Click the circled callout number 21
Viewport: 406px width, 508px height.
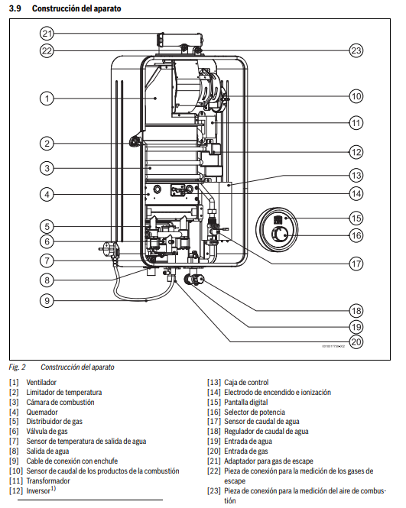pyautogui.click(x=47, y=34)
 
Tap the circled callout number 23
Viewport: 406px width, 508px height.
pyautogui.click(x=356, y=50)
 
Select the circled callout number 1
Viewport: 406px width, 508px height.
pyautogui.click(x=47, y=99)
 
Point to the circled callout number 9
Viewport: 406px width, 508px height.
pyautogui.click(x=47, y=301)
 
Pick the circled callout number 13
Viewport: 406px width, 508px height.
pyautogui.click(x=356, y=175)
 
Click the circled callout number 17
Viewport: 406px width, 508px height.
pyautogui.click(x=356, y=264)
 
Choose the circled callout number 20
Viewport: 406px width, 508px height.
pyautogui.click(x=356, y=341)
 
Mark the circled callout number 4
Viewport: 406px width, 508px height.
pyautogui.click(x=47, y=194)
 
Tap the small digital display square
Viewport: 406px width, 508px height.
pyautogui.click(x=278, y=220)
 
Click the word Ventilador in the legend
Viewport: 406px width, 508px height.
pyautogui.click(x=41, y=382)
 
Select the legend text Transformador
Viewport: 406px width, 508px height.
pyautogui.click(x=48, y=480)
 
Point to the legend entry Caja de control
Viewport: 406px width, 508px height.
pyautogui.click(x=246, y=382)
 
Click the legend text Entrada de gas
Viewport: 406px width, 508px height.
pyautogui.click(x=245, y=451)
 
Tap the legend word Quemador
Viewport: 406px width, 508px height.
pyautogui.click(x=42, y=412)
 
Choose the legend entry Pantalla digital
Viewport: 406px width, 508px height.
pyautogui.click(x=245, y=402)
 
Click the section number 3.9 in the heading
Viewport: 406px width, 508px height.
pyautogui.click(x=15, y=8)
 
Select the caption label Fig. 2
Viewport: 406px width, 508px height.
pyautogui.click(x=17, y=367)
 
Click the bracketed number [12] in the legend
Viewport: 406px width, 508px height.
pyautogui.click(x=16, y=491)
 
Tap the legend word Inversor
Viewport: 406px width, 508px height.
pyautogui.click(x=38, y=491)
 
